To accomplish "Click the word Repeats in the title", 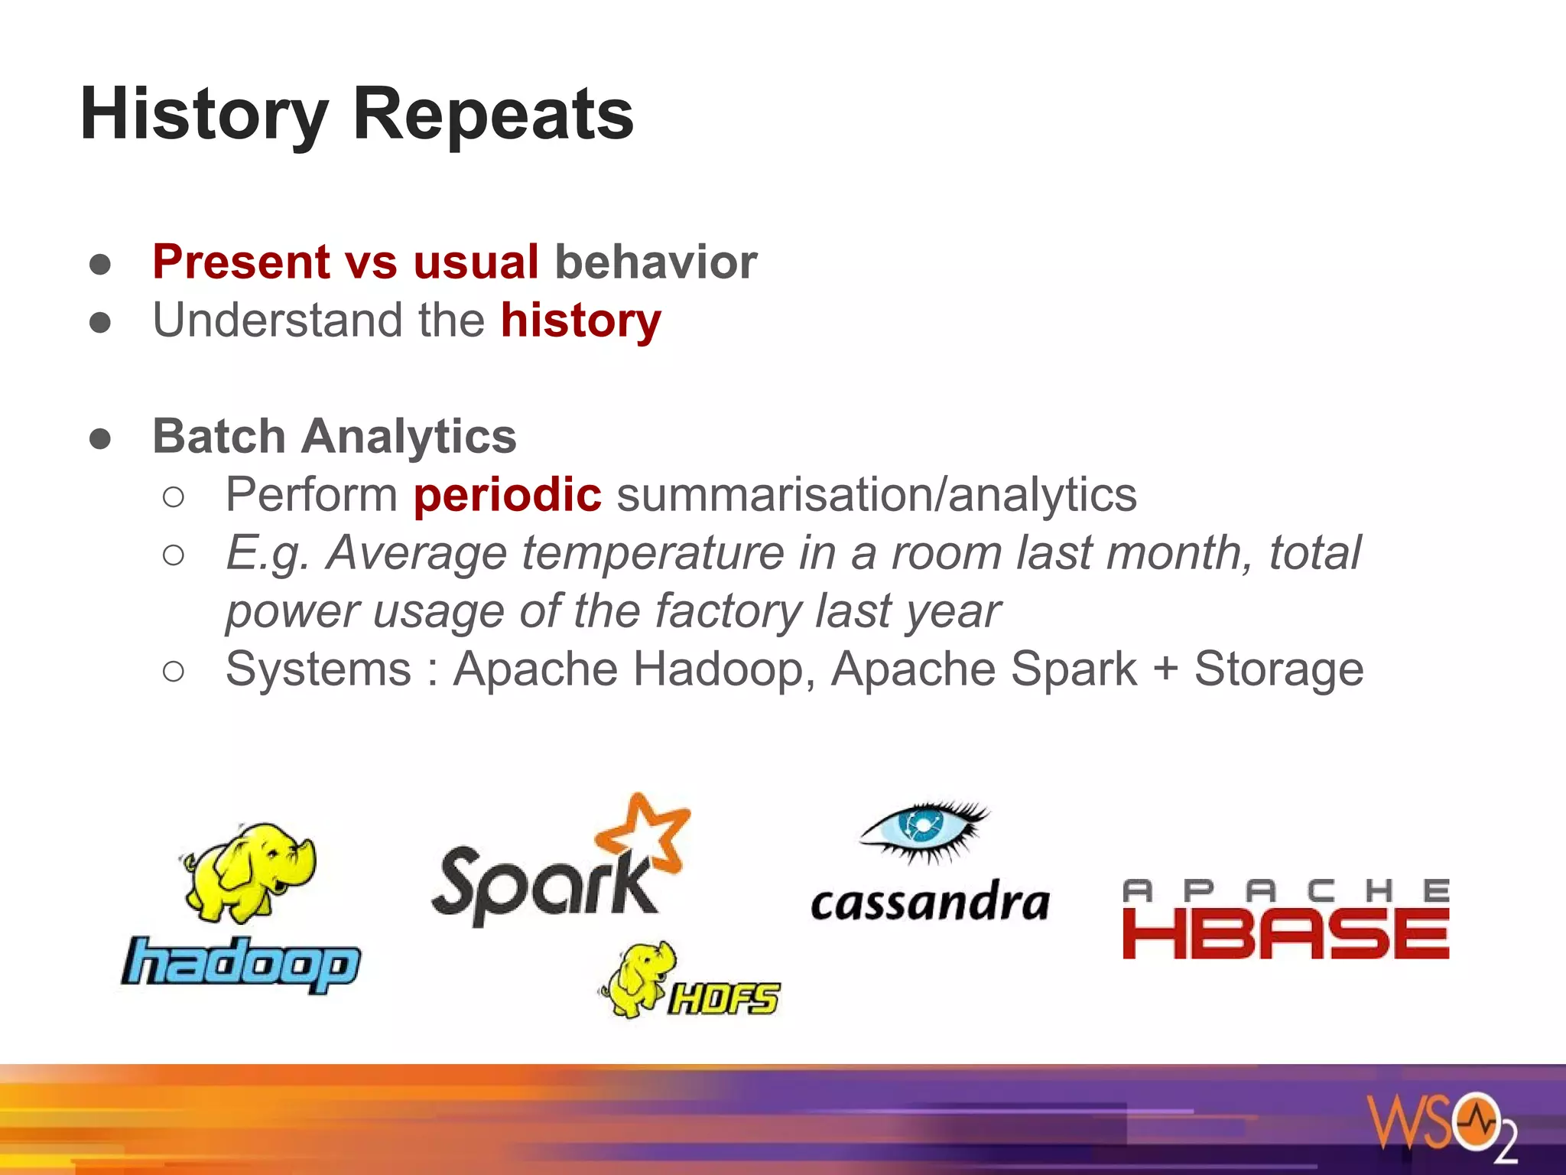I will pos(492,115).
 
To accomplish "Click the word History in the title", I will pos(203,115).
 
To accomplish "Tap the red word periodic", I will pos(507,495).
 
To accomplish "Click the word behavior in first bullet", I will pos(655,262).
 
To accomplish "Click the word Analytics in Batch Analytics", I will pos(408,436).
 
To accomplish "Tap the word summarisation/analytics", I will pos(876,495).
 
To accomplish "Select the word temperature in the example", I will pos(653,553).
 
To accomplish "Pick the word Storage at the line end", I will pos(1278,669).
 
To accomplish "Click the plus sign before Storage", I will pos(1165,669).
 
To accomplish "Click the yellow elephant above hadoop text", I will pos(249,872).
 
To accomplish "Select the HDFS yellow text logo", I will pos(723,998).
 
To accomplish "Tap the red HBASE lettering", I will pos(1285,934).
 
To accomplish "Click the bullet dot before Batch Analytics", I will pos(100,438).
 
